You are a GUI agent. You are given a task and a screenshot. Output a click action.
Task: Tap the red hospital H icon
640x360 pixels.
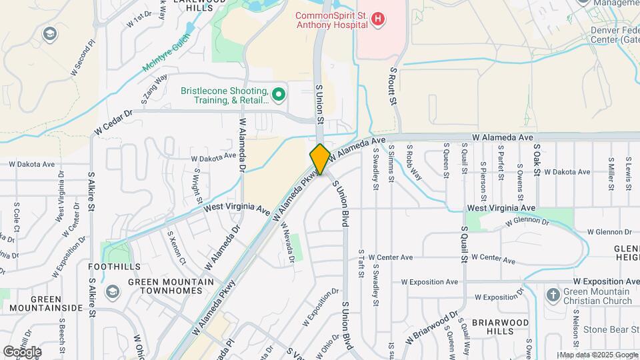coord(378,19)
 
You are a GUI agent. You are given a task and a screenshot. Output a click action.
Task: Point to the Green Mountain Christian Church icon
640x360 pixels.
coord(552,295)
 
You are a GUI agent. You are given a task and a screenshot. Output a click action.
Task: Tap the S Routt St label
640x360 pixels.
coord(393,86)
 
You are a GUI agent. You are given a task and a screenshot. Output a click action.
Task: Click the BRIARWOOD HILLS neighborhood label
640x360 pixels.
coord(500,327)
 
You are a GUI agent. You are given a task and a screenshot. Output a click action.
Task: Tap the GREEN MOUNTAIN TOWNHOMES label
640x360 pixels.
coord(171,287)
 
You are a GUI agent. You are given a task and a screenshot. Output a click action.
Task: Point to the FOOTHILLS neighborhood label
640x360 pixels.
coord(114,267)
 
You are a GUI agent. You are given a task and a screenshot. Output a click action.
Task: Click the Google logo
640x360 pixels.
coord(22,351)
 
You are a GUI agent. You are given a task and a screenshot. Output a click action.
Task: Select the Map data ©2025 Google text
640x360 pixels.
coord(599,355)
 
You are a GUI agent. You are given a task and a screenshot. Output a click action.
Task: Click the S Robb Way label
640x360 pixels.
coord(414,164)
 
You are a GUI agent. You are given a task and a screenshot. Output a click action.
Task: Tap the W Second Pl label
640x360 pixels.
coord(83,61)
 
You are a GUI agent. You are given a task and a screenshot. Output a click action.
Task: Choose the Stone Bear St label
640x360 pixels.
coord(610,329)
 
